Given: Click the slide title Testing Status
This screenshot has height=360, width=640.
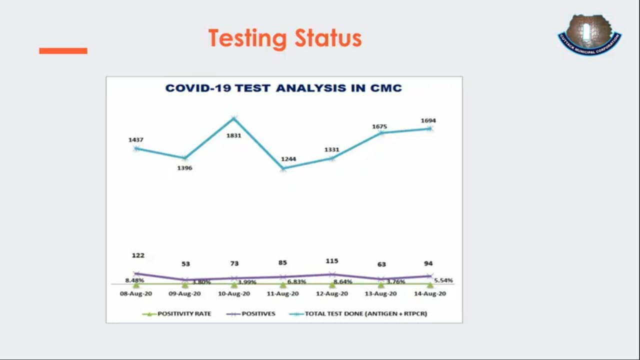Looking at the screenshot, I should pos(284,38).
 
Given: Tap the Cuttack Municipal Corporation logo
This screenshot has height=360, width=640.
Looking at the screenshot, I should pos(589,34).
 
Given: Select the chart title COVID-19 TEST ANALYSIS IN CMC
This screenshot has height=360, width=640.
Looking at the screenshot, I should pos(283,88).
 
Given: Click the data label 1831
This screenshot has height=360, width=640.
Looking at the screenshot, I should pos(233,135).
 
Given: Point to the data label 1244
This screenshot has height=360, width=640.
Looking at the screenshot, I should pos(288,159).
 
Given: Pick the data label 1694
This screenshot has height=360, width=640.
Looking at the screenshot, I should pos(428,120).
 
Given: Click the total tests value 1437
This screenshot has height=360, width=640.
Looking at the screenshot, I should pos(136,140).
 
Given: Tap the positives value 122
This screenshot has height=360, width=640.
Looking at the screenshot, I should pos(138,255).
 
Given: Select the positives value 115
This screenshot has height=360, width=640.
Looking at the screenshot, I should pos(331,261).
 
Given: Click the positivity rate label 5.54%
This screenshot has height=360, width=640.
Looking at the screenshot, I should pos(443,280).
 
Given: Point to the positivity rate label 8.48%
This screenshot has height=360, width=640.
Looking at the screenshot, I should pos(134,280).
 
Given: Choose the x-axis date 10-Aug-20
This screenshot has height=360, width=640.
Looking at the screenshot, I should pos(234,294).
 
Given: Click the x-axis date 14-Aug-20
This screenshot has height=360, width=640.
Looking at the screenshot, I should pos(429,294).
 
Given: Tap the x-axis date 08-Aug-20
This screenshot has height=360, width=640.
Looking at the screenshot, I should pos(136,294).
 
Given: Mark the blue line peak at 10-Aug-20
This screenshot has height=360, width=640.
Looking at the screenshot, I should pos(233,118).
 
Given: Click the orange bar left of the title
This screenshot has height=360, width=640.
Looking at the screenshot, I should pos(63,50).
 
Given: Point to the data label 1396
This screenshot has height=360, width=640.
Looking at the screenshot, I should pos(184,168).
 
